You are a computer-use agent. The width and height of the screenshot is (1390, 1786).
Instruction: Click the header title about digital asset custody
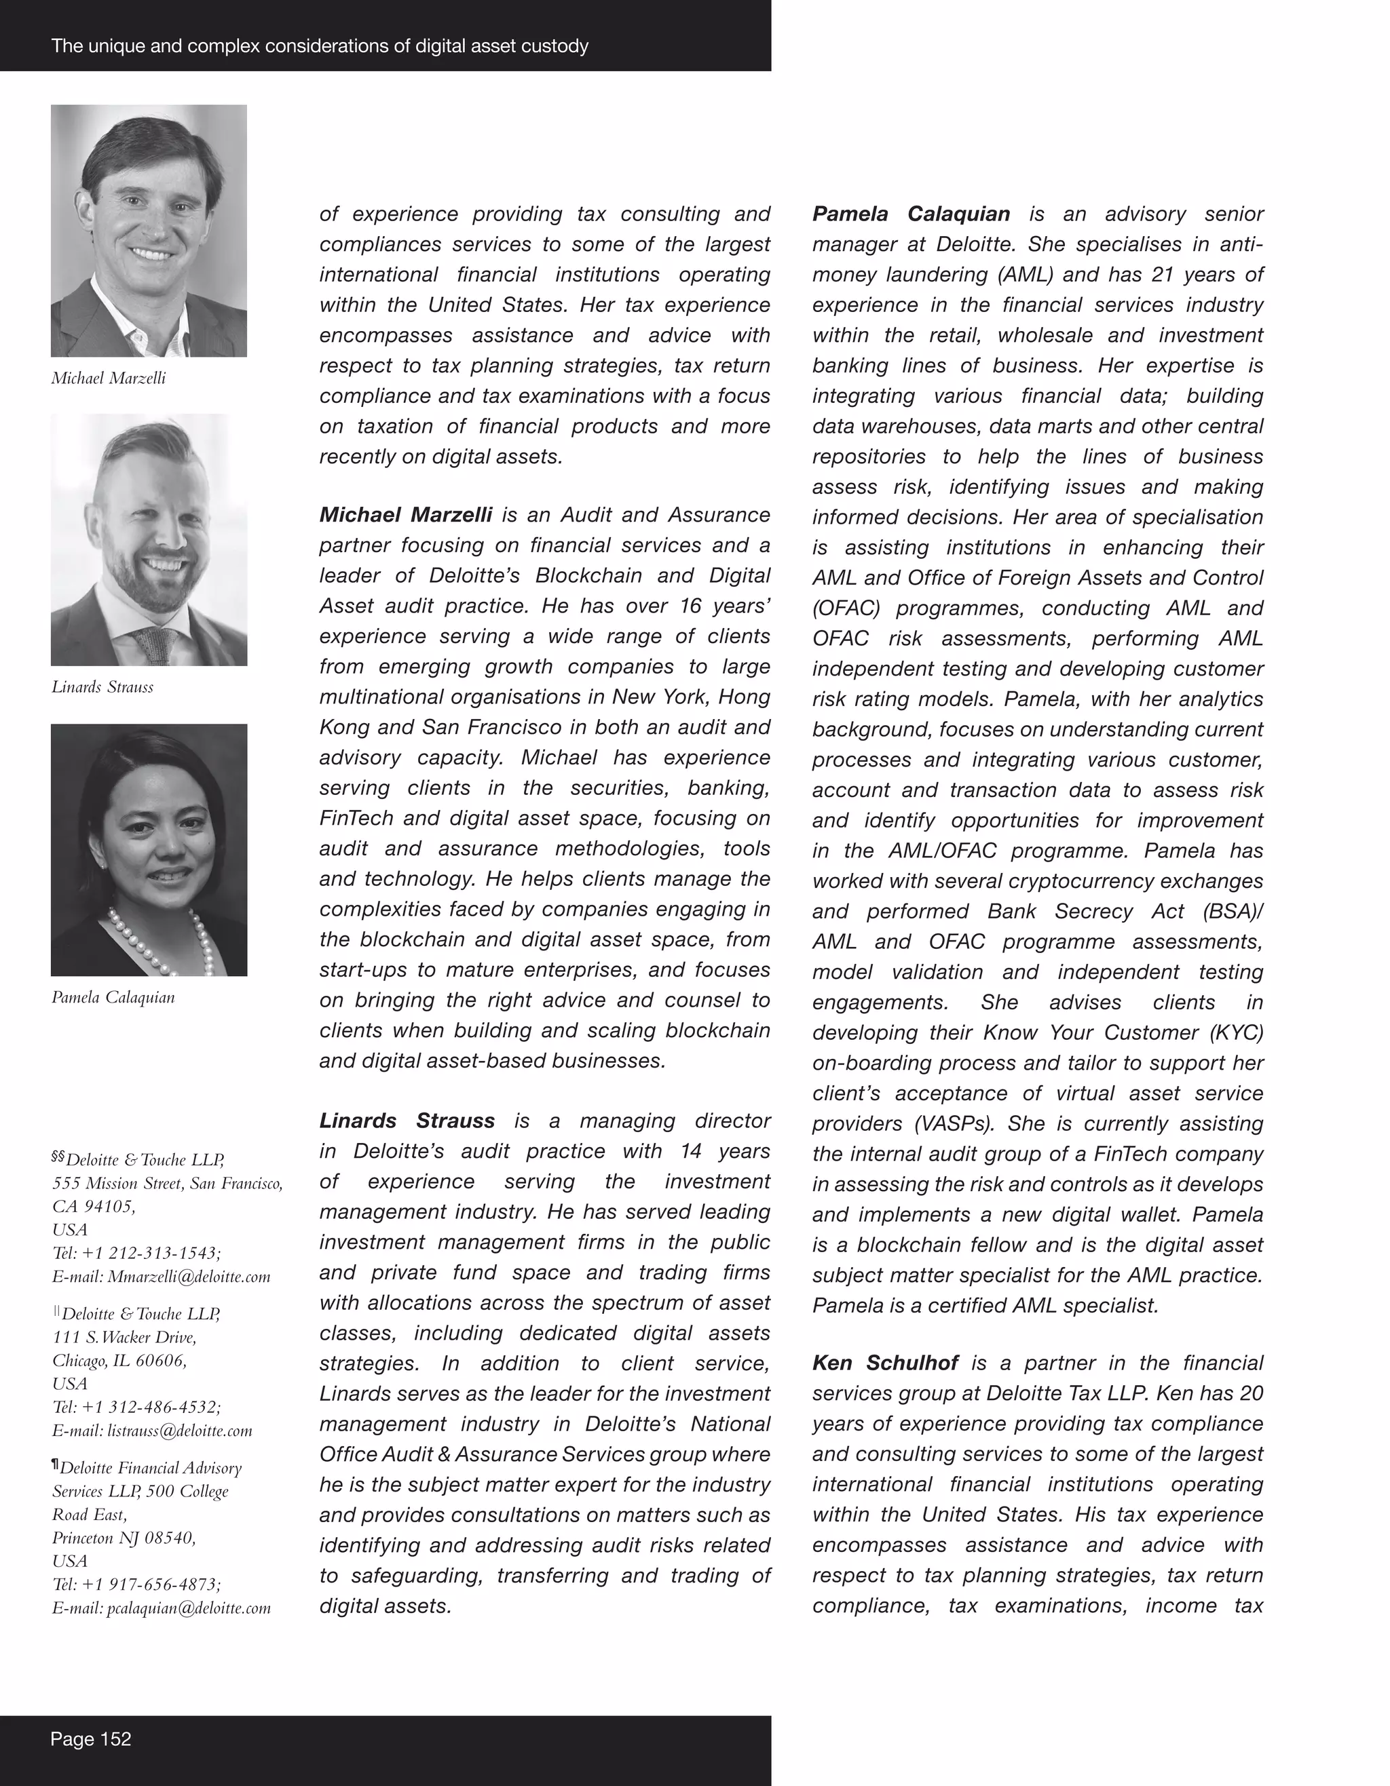[320, 46]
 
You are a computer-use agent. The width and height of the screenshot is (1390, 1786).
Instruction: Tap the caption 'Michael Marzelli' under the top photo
[109, 378]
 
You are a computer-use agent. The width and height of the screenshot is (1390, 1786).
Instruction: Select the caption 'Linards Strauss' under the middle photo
[102, 687]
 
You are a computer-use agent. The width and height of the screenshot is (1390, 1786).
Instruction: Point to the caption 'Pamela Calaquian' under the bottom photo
[113, 997]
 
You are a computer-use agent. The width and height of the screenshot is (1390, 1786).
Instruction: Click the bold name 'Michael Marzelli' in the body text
[406, 514]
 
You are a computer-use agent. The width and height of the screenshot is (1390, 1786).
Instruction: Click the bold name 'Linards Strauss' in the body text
[407, 1121]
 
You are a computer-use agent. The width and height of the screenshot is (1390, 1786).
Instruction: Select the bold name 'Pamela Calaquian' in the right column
[911, 214]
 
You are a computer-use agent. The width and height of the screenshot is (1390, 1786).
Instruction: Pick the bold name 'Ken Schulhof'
[885, 1363]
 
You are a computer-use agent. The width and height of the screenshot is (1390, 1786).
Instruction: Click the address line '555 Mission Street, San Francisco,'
[168, 1183]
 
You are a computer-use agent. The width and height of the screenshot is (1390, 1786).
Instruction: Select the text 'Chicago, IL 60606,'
[119, 1361]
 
